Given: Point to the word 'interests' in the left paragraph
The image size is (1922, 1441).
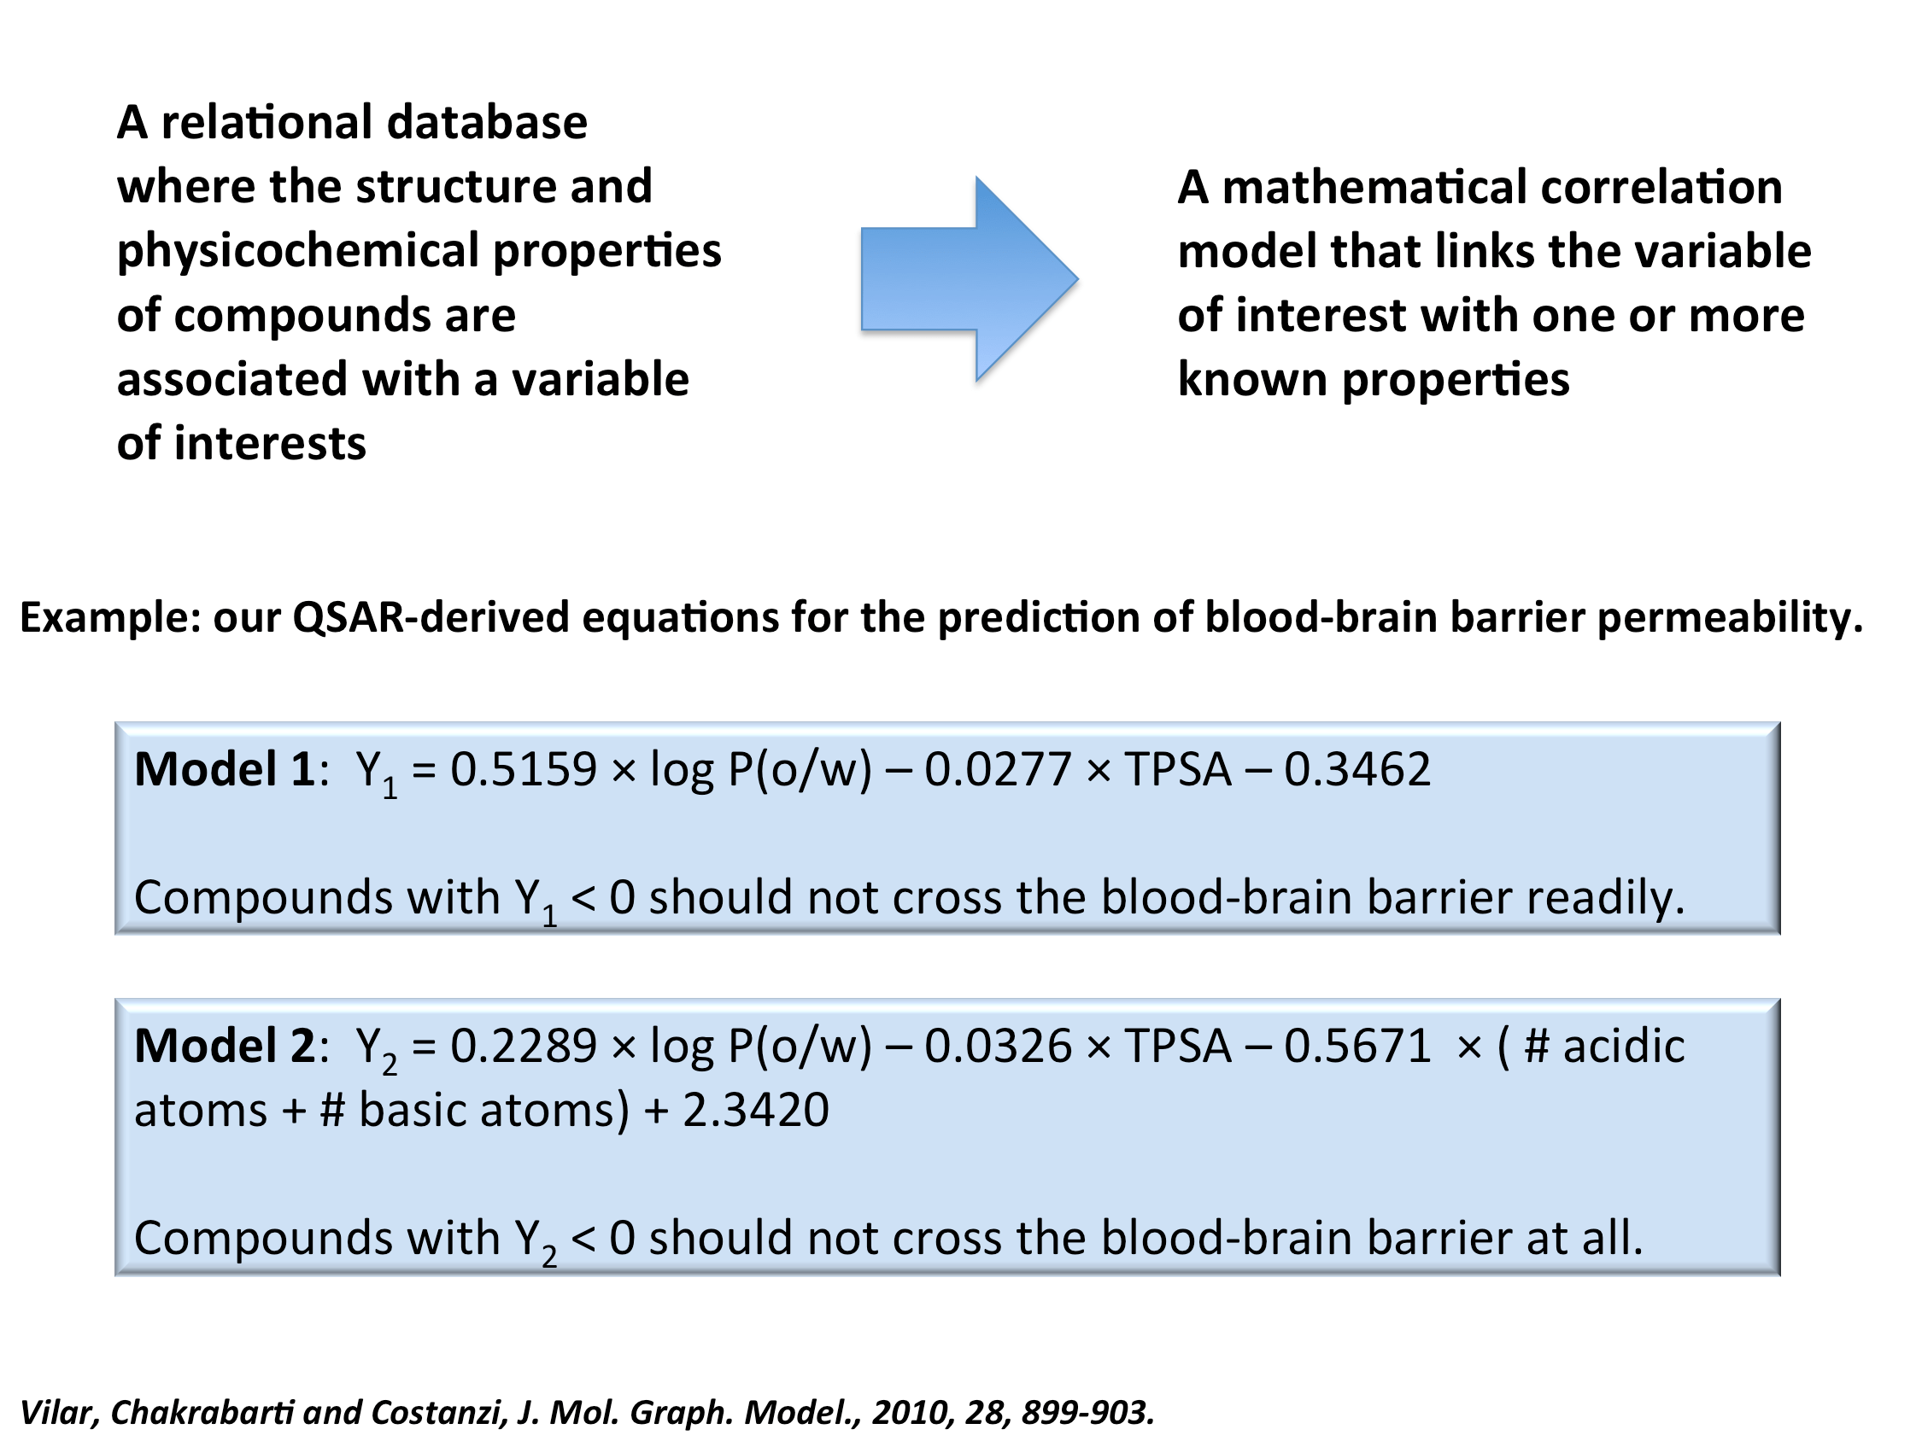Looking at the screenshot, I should pos(270,444).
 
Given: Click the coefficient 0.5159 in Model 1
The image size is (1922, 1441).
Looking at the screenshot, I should pos(523,769).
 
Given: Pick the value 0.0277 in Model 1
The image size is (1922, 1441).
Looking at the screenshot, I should pos(997,769).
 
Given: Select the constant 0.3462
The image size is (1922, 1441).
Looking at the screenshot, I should pos(1357,769).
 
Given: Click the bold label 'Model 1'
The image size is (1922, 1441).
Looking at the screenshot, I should pos(224,769).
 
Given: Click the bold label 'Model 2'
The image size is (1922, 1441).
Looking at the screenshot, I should pos(224,1046).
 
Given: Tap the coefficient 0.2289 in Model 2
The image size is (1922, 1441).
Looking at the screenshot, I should pos(523,1046).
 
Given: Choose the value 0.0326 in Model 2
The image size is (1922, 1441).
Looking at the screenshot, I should pos(997,1046).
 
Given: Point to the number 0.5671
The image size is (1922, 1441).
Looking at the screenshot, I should pos(1357,1046).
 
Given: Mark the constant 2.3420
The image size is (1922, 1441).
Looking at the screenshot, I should pos(755,1110).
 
